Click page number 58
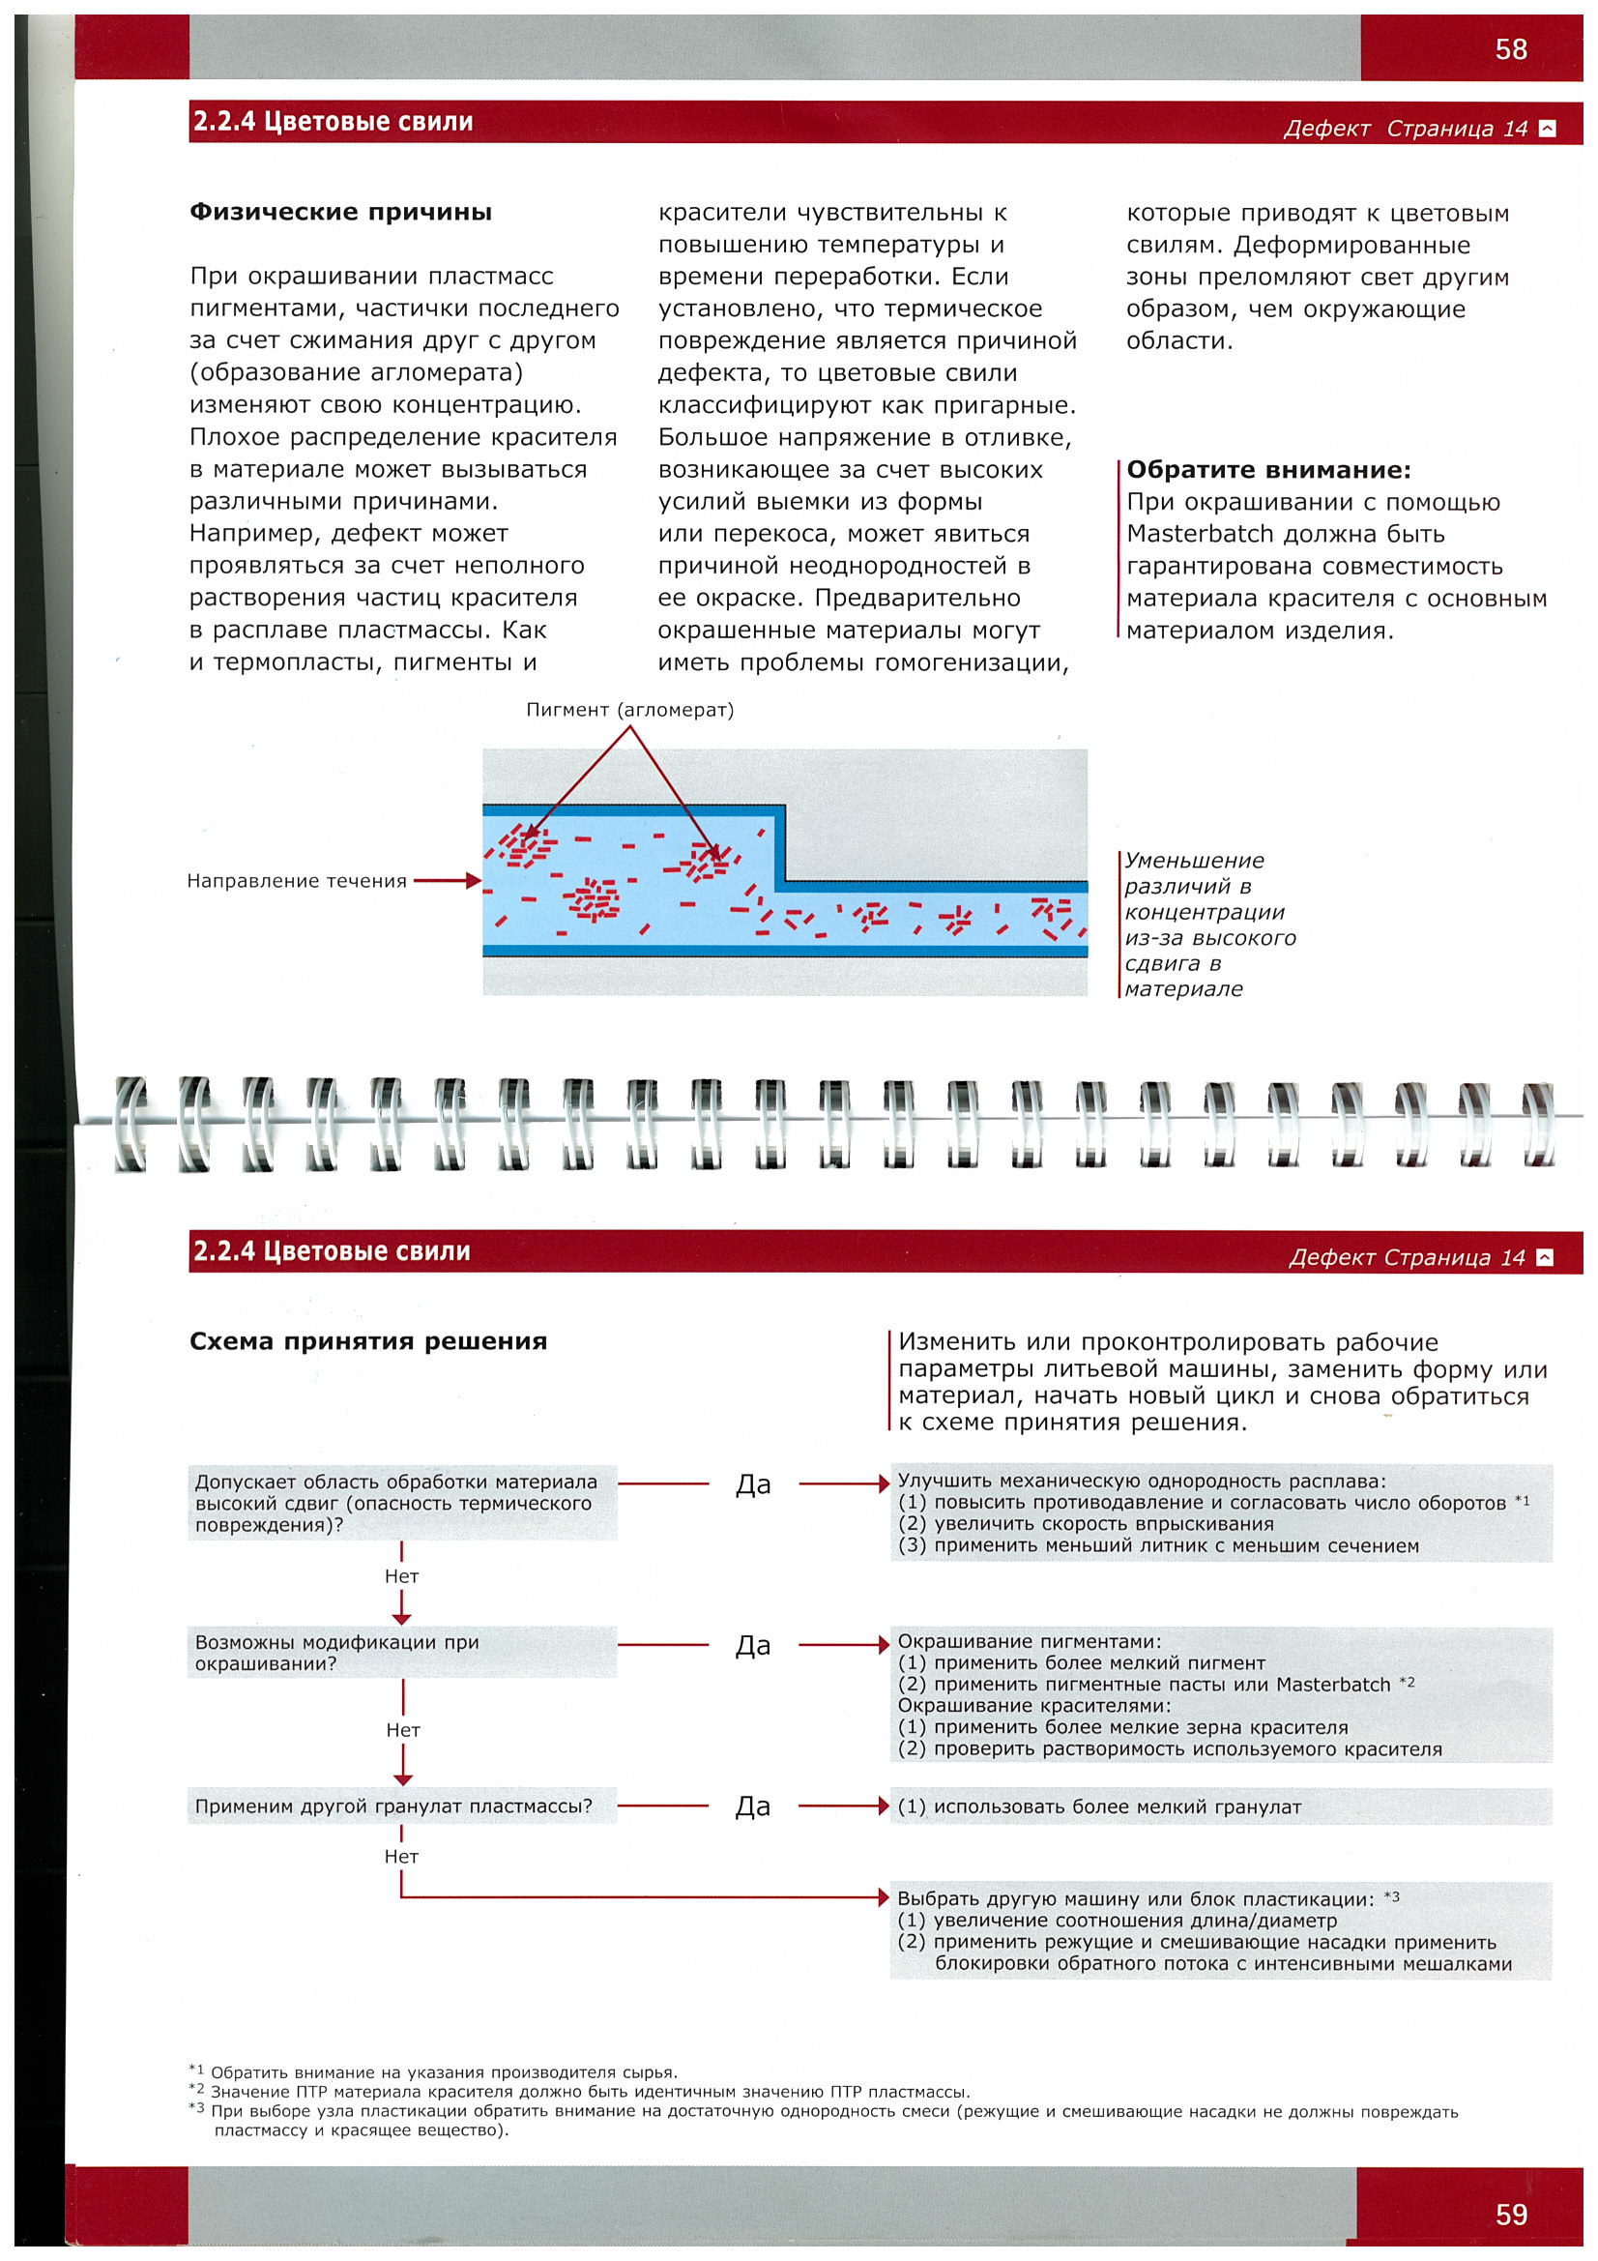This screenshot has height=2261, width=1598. click(x=1510, y=49)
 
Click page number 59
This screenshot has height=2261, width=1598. click(x=1510, y=2214)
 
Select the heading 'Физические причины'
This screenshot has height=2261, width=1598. click(x=340, y=212)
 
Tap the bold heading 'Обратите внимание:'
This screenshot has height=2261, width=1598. click(x=1268, y=470)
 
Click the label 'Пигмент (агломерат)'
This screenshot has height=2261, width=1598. click(x=629, y=710)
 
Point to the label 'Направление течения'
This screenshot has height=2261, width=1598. click(x=297, y=880)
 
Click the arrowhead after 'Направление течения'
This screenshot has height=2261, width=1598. click(x=473, y=880)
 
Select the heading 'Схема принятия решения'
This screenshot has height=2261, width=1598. click(x=368, y=1341)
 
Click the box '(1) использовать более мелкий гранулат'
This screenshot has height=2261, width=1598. click(x=1220, y=1807)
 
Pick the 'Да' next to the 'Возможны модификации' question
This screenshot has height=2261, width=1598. click(x=753, y=1646)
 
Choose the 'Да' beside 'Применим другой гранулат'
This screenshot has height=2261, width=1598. click(x=753, y=1806)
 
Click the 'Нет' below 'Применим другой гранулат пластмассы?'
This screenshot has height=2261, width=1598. click(x=402, y=1856)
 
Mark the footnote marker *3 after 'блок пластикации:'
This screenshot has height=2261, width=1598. click(x=1391, y=1896)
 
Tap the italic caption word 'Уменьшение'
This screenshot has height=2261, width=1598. click(x=1194, y=861)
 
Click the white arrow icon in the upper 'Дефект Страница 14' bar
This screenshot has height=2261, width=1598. click(x=1547, y=128)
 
